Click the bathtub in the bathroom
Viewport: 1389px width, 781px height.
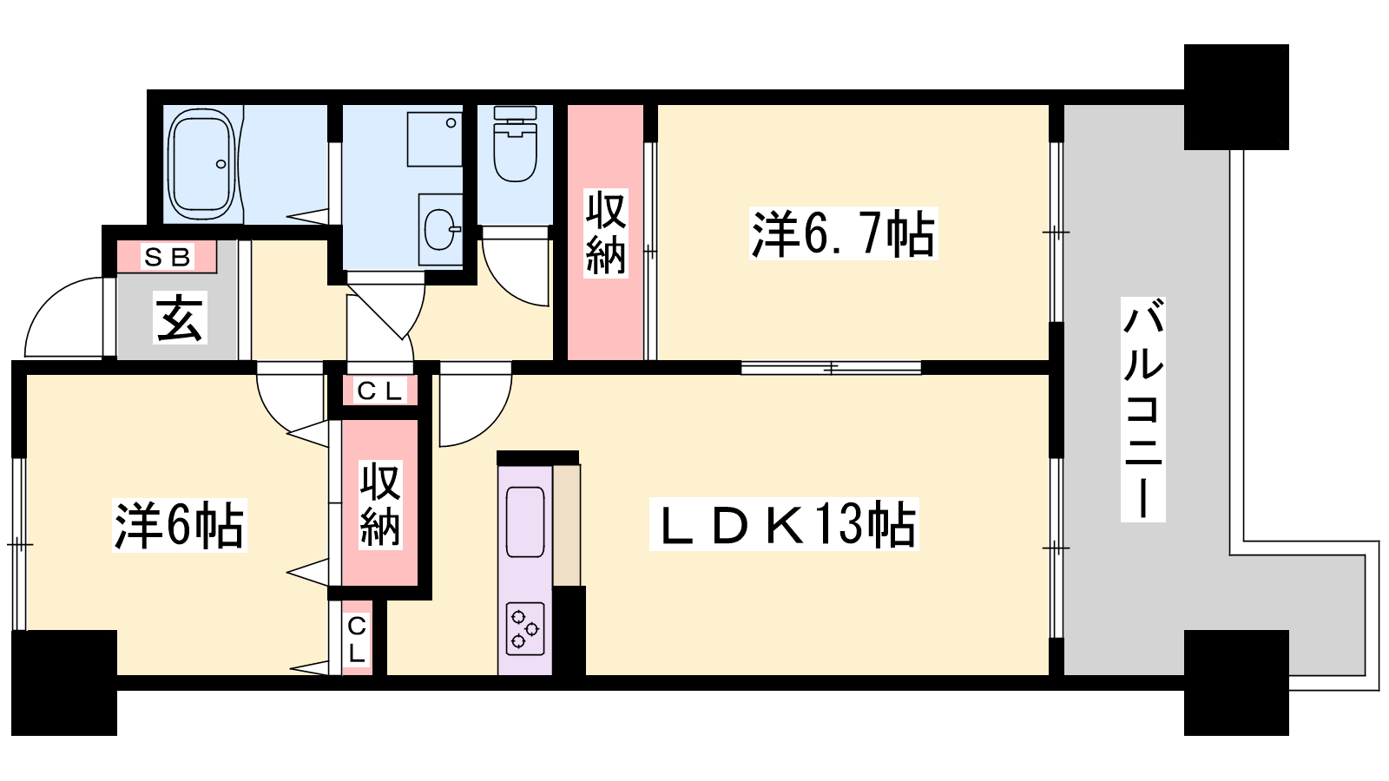(203, 164)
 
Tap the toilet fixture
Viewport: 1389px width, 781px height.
(516, 144)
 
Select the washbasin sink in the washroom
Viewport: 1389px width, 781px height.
(441, 229)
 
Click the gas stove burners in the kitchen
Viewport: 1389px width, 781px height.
(525, 629)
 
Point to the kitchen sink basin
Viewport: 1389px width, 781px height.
(525, 522)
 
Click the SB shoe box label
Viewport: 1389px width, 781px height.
(167, 257)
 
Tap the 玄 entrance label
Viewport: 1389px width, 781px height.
(180, 320)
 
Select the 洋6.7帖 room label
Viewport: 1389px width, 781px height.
(843, 233)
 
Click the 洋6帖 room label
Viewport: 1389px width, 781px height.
(179, 525)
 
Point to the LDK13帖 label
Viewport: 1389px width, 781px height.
(784, 524)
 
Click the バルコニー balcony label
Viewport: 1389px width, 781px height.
(1142, 409)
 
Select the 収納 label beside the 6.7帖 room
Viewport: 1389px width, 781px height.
(606, 233)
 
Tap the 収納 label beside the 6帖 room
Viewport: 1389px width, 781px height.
(381, 504)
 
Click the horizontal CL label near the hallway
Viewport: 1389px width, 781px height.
(380, 390)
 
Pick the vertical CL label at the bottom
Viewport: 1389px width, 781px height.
(357, 640)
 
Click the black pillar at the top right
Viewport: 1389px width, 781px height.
(1236, 96)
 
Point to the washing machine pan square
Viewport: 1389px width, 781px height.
(435, 139)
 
